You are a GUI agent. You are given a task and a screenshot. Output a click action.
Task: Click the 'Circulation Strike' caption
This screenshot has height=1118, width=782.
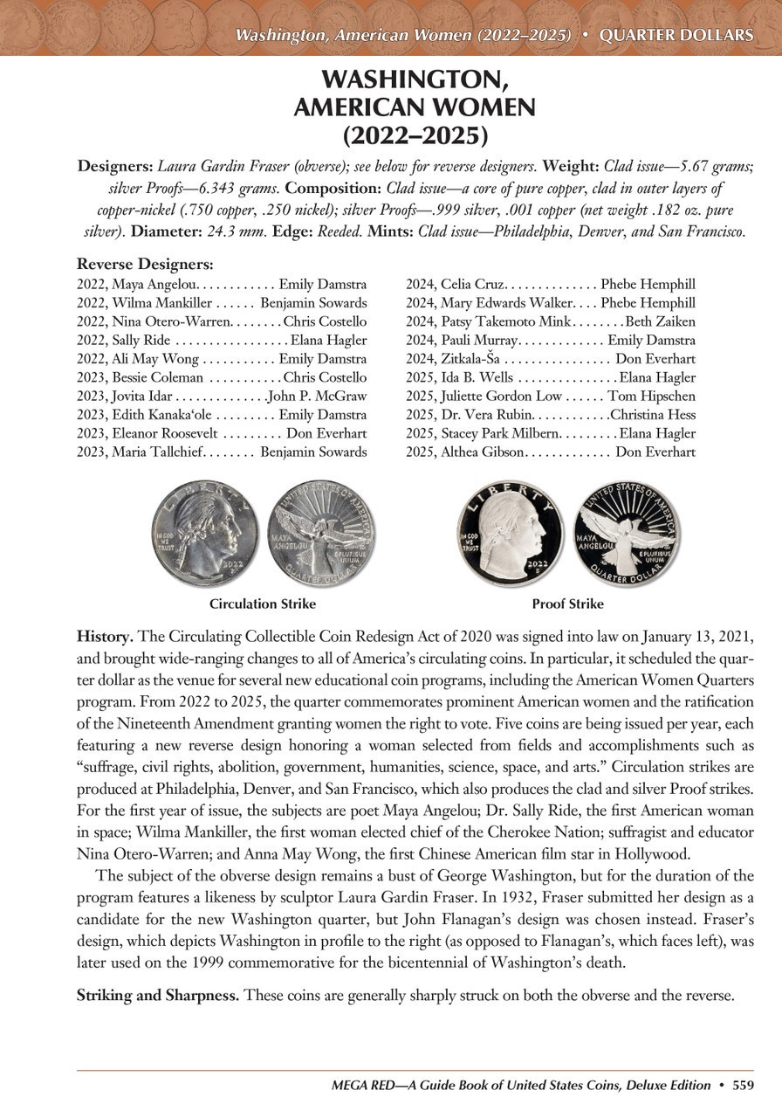click(x=263, y=604)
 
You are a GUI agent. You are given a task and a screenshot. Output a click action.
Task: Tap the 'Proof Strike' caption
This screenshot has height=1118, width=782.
click(x=567, y=604)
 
